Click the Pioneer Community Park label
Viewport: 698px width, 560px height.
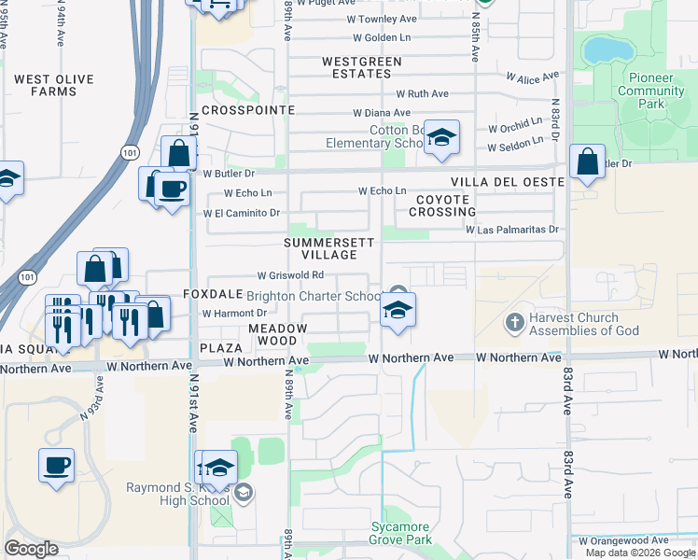(x=650, y=91)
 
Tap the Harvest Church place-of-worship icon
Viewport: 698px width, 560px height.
(x=513, y=323)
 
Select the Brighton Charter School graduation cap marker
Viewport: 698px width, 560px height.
(x=398, y=310)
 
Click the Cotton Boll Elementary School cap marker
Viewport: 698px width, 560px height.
(x=440, y=138)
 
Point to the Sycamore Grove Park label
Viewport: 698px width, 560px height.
(x=401, y=533)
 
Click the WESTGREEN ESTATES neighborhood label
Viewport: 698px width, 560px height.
(x=361, y=67)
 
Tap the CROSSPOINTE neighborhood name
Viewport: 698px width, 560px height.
(x=247, y=110)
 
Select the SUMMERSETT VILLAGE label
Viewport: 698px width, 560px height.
(x=329, y=248)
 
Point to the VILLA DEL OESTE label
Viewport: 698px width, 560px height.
(x=507, y=182)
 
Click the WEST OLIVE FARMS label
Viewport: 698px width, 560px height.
(x=45, y=86)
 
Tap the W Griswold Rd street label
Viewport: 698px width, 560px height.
(x=290, y=275)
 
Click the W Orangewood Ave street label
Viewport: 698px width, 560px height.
(x=622, y=539)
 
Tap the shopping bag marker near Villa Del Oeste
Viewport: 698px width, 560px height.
(x=587, y=161)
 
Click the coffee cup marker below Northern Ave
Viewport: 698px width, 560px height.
(x=55, y=465)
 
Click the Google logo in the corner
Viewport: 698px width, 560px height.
(x=31, y=549)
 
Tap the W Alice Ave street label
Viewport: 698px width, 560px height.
(x=532, y=77)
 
